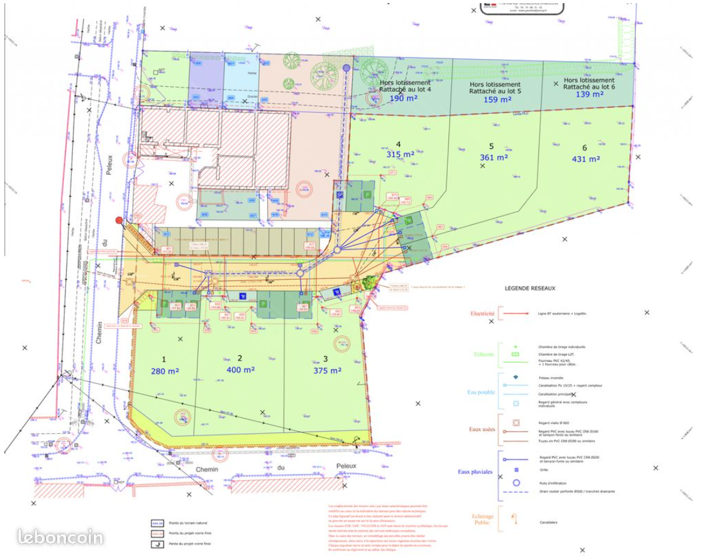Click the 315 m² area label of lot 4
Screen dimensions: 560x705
401,154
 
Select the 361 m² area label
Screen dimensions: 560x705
494,158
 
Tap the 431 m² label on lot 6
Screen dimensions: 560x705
586,159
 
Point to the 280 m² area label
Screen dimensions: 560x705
165,371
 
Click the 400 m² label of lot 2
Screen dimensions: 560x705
240,370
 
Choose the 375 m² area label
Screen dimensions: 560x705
327,370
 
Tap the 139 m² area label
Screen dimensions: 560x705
589,94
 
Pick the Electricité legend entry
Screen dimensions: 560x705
483,313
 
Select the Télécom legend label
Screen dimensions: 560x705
482,354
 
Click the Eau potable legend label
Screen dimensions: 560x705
481,392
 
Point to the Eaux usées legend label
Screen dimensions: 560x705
482,430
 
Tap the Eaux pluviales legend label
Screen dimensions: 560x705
475,471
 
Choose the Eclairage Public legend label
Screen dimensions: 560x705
483,519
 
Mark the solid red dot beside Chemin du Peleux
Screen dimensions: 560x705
119,220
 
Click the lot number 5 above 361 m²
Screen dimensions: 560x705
491,146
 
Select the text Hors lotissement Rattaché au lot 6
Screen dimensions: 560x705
589,84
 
